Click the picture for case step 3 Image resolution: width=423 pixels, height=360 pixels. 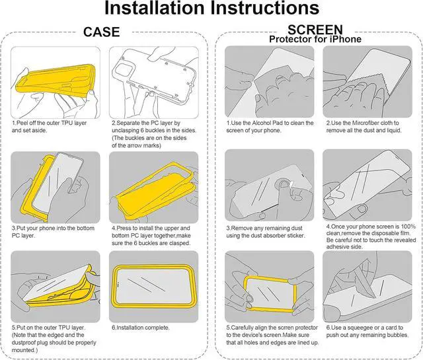click(56, 187)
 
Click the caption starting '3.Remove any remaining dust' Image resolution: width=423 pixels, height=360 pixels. click(268, 231)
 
